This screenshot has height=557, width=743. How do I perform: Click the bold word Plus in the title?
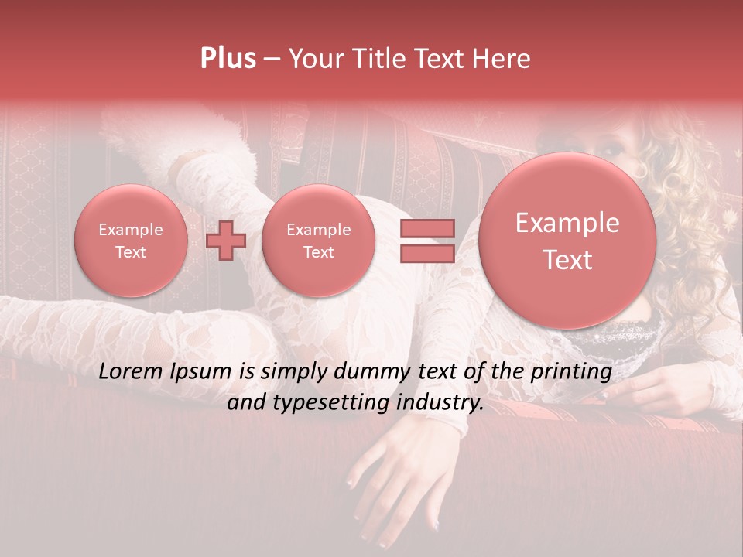tap(228, 59)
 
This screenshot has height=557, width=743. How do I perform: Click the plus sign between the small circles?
tap(226, 240)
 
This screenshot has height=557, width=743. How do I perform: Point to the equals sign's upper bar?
tap(426, 228)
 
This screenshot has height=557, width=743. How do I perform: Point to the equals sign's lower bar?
tap(426, 254)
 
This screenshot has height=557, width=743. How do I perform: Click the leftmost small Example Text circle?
tap(130, 241)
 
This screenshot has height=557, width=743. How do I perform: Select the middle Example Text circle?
tap(318, 241)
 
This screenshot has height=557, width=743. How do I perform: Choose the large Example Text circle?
tap(567, 241)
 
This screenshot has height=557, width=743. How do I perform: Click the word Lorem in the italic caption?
tap(130, 372)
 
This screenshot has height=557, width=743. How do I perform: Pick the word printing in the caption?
tap(572, 372)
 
